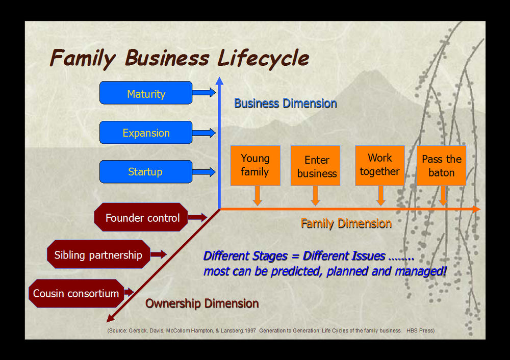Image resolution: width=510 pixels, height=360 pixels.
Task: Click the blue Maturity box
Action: point(146,93)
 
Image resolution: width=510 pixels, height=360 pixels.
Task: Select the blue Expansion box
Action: point(146,133)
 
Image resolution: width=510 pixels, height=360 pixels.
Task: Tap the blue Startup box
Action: point(146,172)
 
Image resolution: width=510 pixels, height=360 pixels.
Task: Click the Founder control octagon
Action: point(141,218)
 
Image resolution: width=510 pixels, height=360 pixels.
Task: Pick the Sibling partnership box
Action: point(98,254)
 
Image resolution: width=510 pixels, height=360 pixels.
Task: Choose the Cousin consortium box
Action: point(76,293)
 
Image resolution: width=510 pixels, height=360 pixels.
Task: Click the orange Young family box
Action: point(255,166)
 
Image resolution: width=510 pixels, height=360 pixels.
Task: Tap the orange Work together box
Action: point(379,165)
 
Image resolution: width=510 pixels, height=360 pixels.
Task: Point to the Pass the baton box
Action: point(441,166)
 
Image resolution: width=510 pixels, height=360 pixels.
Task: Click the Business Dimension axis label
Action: point(286,104)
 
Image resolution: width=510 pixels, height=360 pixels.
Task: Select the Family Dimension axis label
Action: point(346,223)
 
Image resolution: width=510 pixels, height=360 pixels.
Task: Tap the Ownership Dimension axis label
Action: point(202,304)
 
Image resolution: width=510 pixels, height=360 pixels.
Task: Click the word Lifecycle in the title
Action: point(263,58)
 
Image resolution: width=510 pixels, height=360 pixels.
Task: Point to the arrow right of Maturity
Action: point(203,92)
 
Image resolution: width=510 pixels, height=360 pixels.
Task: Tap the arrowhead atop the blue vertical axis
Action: point(219,81)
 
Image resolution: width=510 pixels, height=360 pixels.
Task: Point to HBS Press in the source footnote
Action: point(420,330)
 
